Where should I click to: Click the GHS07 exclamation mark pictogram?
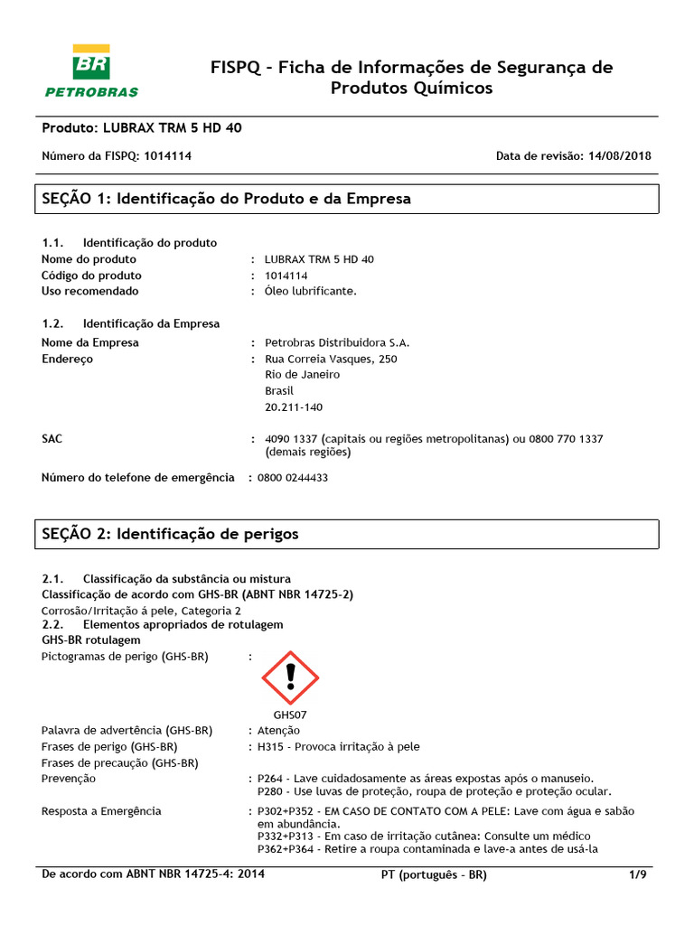pos(290,677)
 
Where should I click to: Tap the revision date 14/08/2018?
pos(619,155)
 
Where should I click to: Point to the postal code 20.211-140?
pos(293,407)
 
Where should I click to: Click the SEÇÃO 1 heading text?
pos(227,199)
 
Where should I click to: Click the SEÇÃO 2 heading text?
pos(170,534)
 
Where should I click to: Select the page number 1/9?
pos(638,875)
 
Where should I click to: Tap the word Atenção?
pos(279,730)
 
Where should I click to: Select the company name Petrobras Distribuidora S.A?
pos(337,342)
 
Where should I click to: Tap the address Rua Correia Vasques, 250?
pos(331,359)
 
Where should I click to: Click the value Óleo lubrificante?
pos(311,291)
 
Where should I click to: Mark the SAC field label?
pos(52,438)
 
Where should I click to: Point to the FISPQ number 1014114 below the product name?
pos(167,155)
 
